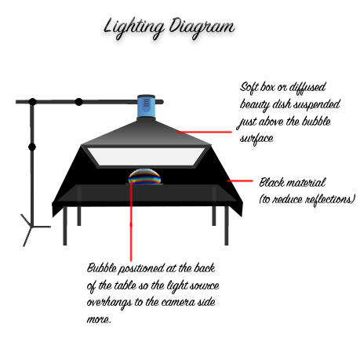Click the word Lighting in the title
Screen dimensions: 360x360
click(x=134, y=28)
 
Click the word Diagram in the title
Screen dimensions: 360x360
click(x=202, y=28)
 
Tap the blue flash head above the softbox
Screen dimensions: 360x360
click(x=146, y=106)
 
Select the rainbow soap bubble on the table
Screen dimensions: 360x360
click(x=144, y=176)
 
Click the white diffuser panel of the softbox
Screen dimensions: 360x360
click(x=147, y=157)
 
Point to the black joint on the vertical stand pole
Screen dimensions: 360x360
click(x=32, y=147)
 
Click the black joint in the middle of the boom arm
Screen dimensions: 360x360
click(x=78, y=102)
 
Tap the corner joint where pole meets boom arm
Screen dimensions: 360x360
click(x=32, y=102)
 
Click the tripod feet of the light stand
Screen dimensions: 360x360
click(x=34, y=230)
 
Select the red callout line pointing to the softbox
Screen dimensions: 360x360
click(x=204, y=132)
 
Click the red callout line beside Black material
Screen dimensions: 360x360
click(x=240, y=180)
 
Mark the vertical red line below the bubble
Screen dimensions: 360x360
click(x=131, y=222)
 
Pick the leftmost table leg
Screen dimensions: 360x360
click(x=65, y=226)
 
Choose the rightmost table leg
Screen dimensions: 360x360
click(x=227, y=226)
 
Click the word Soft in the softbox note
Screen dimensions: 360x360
click(x=249, y=87)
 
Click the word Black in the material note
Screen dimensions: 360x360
click(x=271, y=182)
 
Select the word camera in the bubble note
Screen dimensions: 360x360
click(x=178, y=302)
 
